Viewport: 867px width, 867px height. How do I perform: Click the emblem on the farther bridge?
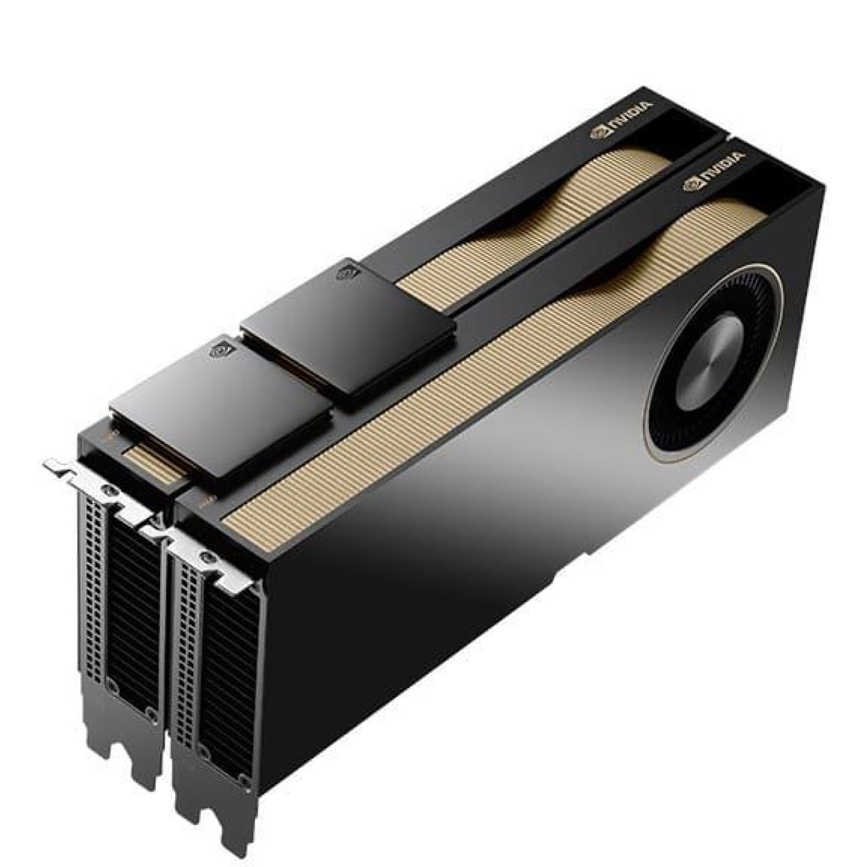pyautogui.click(x=346, y=271)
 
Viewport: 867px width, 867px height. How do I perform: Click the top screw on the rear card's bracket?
pyautogui.click(x=110, y=490)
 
